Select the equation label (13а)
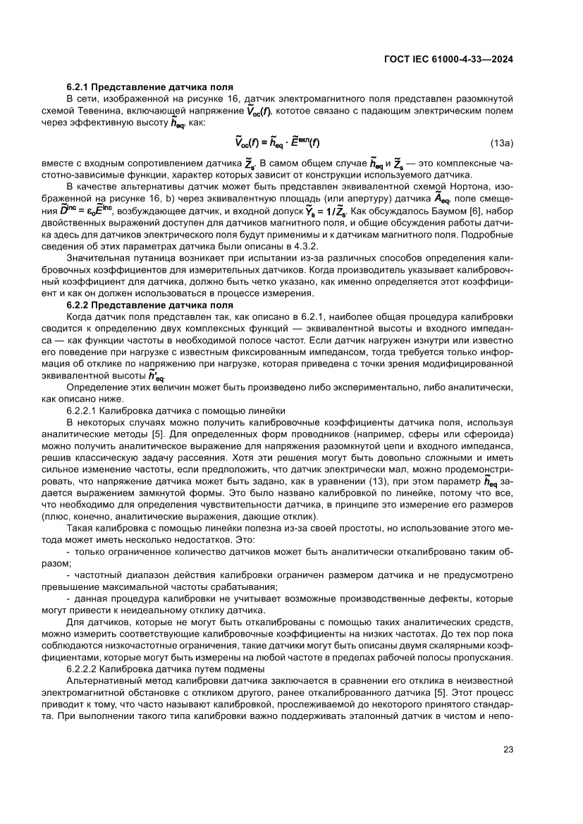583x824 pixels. pyautogui.click(x=501, y=143)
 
